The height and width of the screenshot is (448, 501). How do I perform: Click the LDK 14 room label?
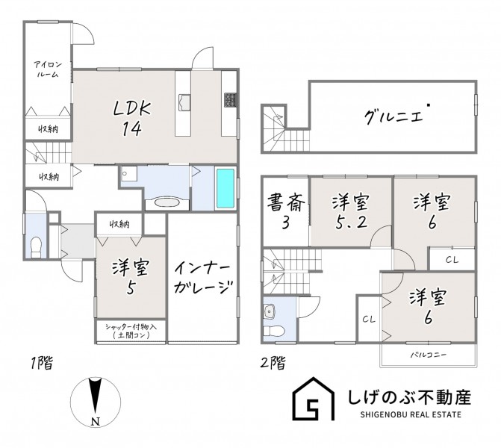click(131, 119)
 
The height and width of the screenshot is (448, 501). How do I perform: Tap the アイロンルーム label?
click(48, 69)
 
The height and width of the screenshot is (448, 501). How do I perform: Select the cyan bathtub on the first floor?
click(225, 188)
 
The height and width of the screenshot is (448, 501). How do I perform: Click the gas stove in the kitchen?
click(230, 100)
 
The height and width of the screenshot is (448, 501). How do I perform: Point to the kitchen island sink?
click(184, 102)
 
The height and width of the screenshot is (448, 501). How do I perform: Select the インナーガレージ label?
click(202, 278)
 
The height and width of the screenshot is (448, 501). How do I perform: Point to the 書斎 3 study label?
click(286, 212)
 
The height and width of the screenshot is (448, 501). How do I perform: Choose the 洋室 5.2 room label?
click(351, 212)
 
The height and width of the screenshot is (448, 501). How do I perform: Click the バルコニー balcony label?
click(428, 355)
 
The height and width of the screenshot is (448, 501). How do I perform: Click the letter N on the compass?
click(96, 421)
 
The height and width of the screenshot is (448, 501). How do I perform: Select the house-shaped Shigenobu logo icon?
click(314, 399)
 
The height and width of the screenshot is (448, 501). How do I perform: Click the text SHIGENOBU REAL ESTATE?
click(411, 414)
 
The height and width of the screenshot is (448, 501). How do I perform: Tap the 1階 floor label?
click(42, 363)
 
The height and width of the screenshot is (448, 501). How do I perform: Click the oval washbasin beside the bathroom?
click(167, 203)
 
